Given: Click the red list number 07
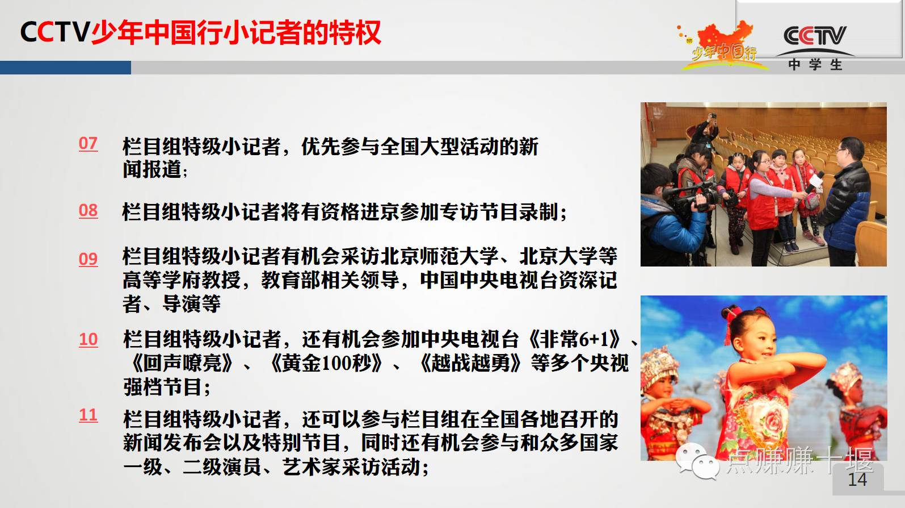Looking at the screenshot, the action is pyautogui.click(x=88, y=144).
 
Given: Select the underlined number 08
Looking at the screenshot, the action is pyautogui.click(x=88, y=211).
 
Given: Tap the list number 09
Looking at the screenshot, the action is pyautogui.click(x=88, y=259).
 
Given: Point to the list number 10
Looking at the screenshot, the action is pyautogui.click(x=88, y=339).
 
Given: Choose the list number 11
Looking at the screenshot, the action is pyautogui.click(x=88, y=415).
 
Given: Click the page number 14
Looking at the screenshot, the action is pyautogui.click(x=857, y=480).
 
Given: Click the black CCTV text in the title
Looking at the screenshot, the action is pyautogui.click(x=55, y=32).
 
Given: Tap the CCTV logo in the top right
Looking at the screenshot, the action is pyautogui.click(x=815, y=36).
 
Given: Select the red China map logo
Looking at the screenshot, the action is pyautogui.click(x=723, y=45).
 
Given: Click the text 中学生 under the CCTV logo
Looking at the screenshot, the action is pyautogui.click(x=815, y=65).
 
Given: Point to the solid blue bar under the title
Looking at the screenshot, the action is pyautogui.click(x=65, y=68).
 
